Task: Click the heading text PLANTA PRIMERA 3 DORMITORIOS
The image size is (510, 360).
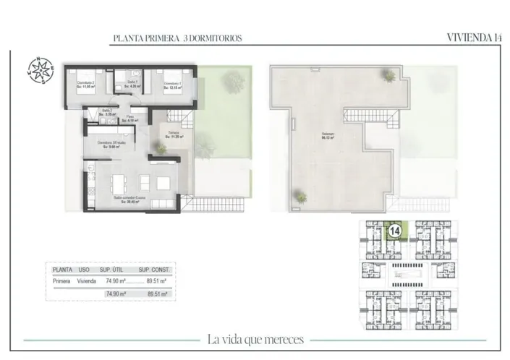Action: click(177, 38)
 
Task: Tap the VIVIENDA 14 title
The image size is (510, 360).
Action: click(474, 38)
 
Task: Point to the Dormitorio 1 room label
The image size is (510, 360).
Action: click(172, 84)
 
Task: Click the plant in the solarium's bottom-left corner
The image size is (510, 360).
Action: click(297, 194)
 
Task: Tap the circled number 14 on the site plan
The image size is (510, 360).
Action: click(396, 231)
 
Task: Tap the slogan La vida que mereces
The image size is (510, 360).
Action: click(255, 339)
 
